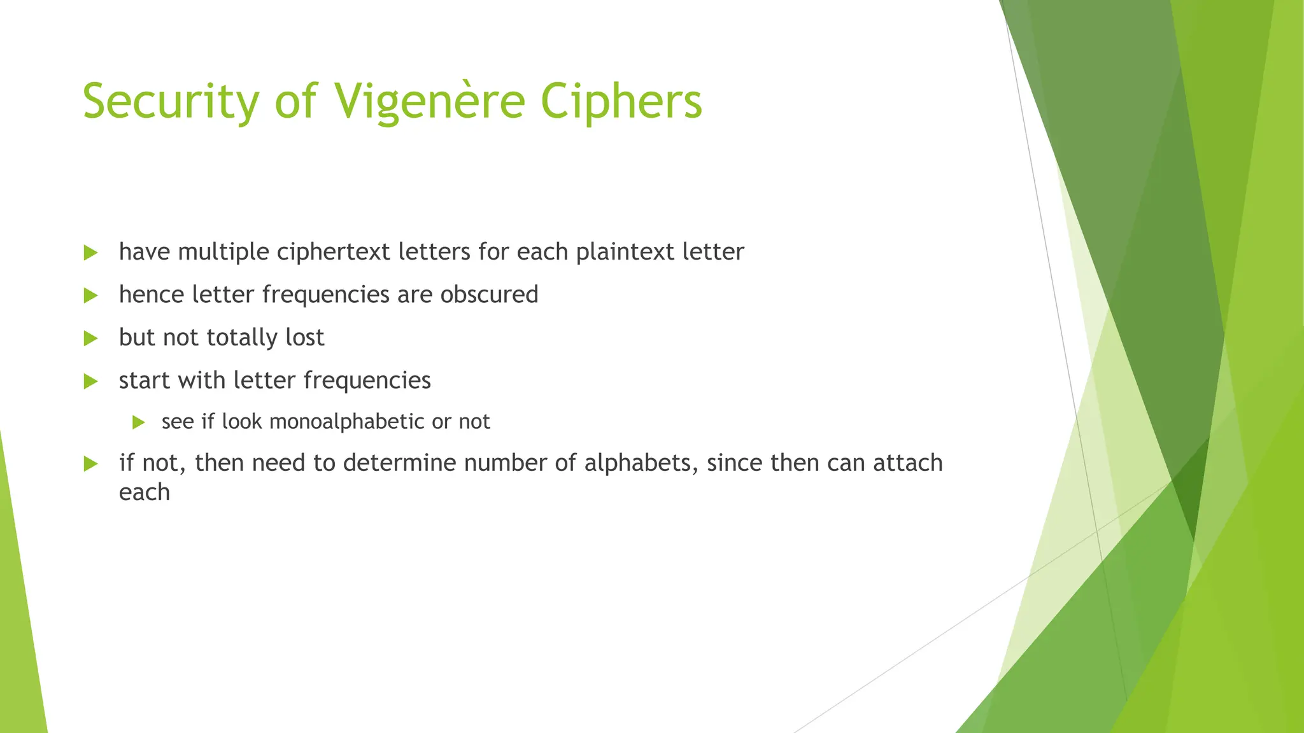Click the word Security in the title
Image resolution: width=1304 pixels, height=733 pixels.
coord(171,102)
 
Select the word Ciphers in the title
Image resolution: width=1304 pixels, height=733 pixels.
coord(621,102)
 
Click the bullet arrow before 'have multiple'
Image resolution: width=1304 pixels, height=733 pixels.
coord(90,253)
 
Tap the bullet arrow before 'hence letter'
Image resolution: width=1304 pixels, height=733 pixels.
coord(90,295)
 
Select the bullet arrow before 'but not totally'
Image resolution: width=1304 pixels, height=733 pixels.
coord(90,338)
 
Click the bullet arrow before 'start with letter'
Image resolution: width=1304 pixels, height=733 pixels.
coord(90,381)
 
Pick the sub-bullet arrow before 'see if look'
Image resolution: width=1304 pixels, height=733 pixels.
coord(139,422)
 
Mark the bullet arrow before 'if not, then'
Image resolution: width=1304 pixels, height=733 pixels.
coord(90,463)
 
